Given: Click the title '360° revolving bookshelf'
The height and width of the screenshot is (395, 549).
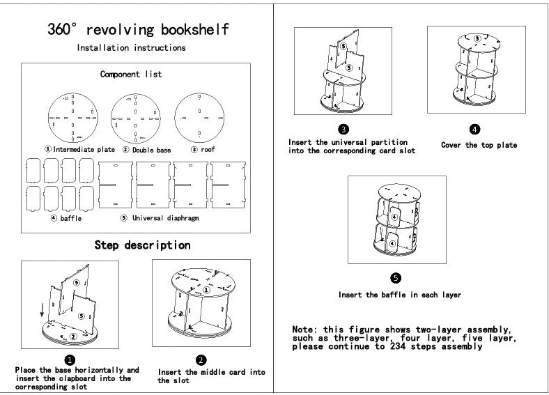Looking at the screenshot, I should click(x=138, y=30).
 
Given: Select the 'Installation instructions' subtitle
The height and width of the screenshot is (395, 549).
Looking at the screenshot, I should click(x=131, y=48).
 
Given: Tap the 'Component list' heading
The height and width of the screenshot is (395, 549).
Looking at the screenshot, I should click(x=131, y=74).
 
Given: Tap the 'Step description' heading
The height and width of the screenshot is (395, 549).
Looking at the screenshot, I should click(x=142, y=245).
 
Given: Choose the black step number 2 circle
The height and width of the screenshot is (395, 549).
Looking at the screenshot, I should click(x=201, y=359).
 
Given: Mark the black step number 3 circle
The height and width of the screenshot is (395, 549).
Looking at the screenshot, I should click(x=343, y=129).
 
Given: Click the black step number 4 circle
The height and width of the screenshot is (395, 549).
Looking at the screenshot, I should click(x=474, y=129).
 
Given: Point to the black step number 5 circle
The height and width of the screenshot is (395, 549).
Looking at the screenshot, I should click(x=396, y=277).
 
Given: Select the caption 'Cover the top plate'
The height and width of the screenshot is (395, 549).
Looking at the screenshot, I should click(x=479, y=145).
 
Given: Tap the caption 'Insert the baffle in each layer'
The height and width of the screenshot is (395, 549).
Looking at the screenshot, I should click(x=400, y=295).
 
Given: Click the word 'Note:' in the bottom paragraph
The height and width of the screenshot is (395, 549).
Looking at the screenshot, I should click(x=306, y=329).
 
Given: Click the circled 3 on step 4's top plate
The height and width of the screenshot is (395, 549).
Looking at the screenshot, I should click(x=477, y=38).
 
